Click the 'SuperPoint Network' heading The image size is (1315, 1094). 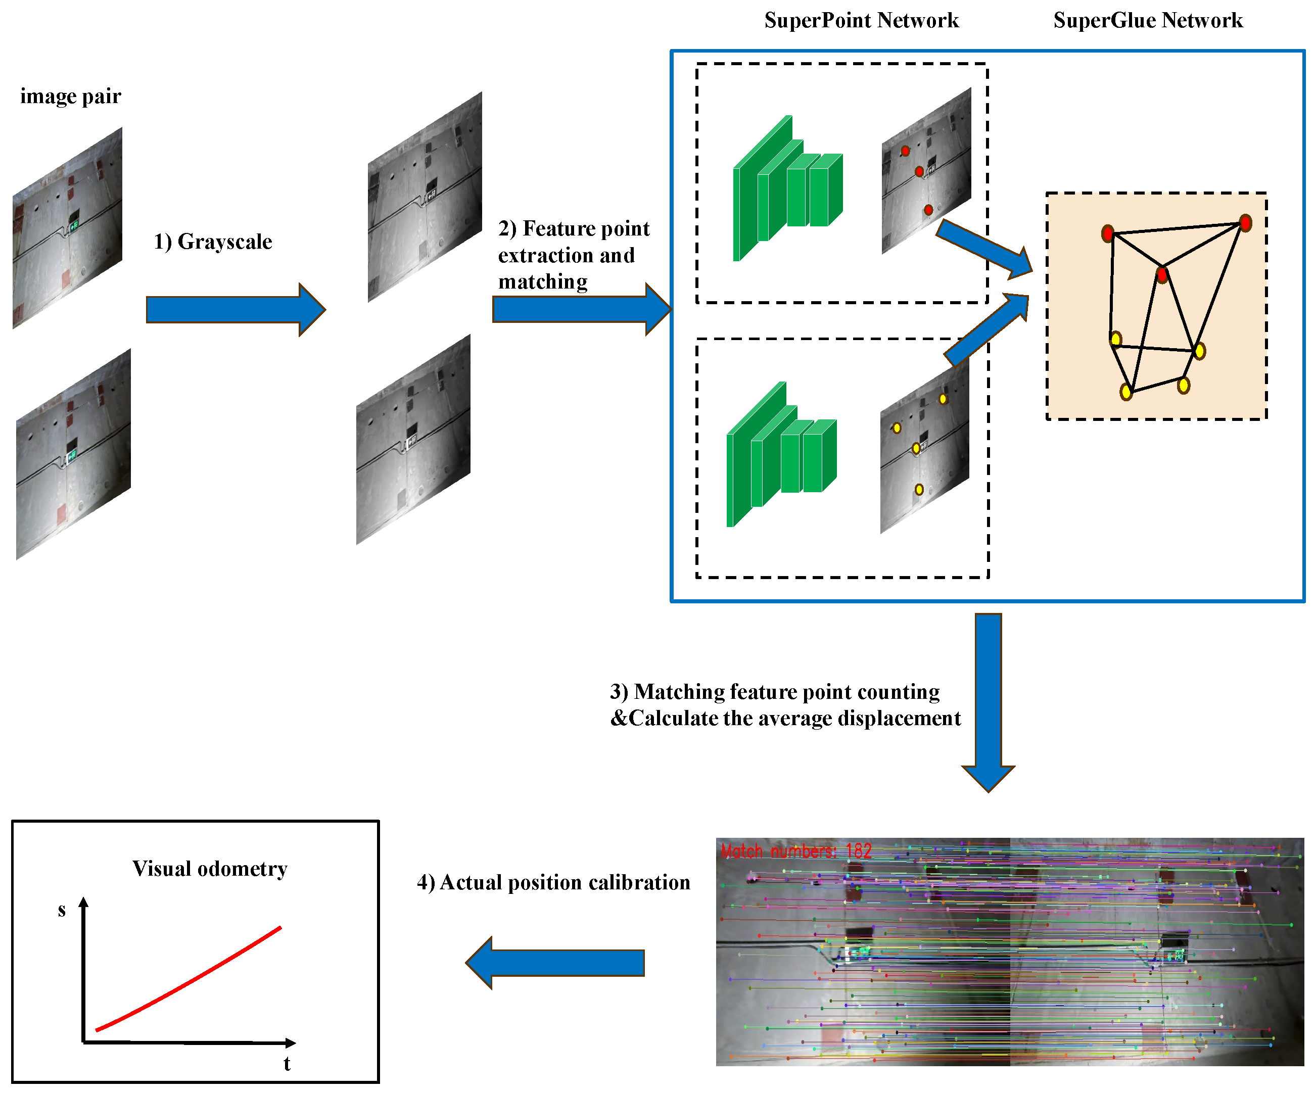click(x=861, y=21)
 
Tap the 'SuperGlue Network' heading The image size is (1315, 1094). click(x=1147, y=21)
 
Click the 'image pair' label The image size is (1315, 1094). click(x=70, y=97)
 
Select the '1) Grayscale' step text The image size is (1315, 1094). click(x=213, y=242)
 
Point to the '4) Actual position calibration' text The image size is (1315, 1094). click(x=553, y=882)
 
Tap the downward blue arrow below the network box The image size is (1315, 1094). click(x=988, y=701)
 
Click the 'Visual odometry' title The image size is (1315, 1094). click(x=210, y=869)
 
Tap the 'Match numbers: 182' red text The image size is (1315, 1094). click(x=796, y=851)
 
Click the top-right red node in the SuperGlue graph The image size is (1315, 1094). click(x=1245, y=223)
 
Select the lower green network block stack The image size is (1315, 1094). click(x=781, y=454)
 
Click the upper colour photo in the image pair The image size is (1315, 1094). click(x=68, y=228)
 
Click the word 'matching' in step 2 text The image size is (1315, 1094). click(x=543, y=282)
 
